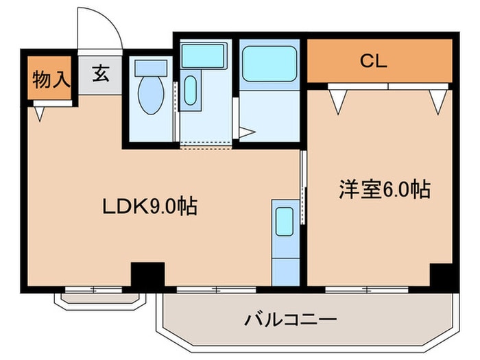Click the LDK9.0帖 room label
point(149,205)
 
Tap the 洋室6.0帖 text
point(384,189)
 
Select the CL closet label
point(374,60)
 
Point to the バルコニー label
point(290,319)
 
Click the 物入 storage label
point(51,79)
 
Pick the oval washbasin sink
point(190,91)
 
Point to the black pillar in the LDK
point(147,276)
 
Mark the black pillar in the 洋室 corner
point(442,276)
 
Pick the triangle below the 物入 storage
point(39,112)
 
